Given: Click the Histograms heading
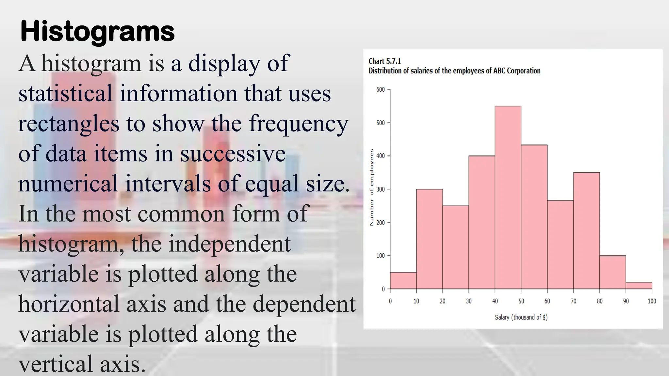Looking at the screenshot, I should click(x=97, y=32).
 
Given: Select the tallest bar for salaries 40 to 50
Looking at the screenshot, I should click(x=508, y=197).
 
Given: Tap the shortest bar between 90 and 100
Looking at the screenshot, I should click(x=639, y=286).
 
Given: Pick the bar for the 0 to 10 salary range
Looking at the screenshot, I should click(x=403, y=281).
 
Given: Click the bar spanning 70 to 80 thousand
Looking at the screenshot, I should click(x=586, y=230).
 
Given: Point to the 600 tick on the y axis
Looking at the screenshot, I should click(x=381, y=89).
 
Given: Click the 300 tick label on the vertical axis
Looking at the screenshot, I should click(x=381, y=189).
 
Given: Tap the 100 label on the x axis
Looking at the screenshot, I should click(x=652, y=301).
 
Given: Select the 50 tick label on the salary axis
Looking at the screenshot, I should click(x=521, y=301).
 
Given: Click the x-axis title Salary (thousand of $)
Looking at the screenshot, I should click(x=521, y=317).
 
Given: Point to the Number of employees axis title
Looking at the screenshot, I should click(x=371, y=187).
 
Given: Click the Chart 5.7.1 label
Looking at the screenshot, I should click(x=384, y=61).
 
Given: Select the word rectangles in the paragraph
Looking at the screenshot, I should click(x=69, y=124).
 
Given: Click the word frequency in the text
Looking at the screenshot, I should click(x=299, y=124).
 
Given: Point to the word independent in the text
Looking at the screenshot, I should click(x=229, y=244).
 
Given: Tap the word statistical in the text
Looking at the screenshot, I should click(x=65, y=94).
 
